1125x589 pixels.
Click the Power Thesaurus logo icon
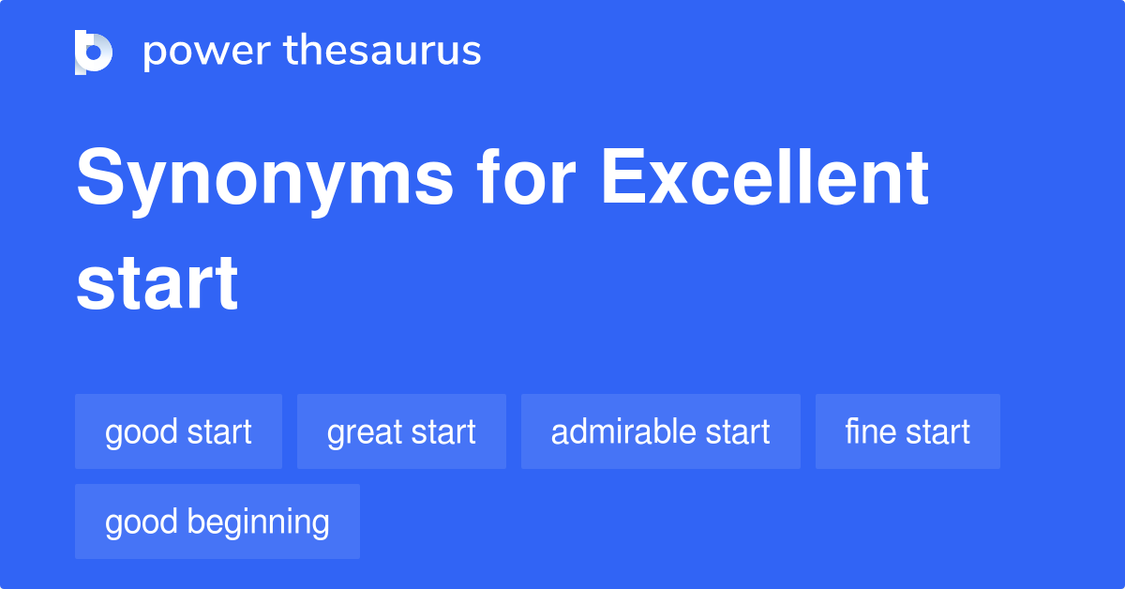94,52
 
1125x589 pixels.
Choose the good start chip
178,431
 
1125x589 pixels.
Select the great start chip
401,431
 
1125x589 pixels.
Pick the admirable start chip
660,431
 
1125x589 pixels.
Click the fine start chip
907,431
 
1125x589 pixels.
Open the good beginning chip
217,521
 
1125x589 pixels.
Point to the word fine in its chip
867,431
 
